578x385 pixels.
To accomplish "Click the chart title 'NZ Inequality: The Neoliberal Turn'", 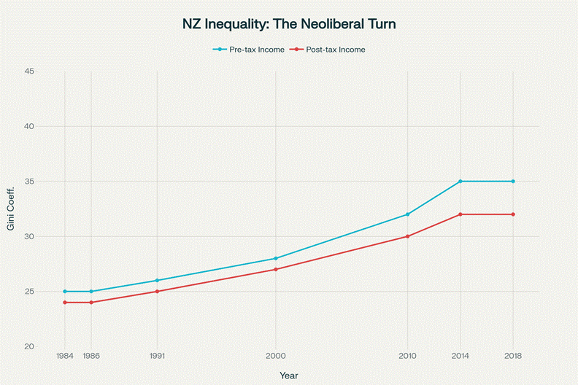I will coord(289,24).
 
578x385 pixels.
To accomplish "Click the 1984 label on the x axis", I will coord(65,357).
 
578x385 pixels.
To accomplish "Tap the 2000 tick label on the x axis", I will coord(275,357).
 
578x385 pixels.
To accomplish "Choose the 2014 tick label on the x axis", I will coord(461,357).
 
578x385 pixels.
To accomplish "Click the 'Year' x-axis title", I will coord(289,375).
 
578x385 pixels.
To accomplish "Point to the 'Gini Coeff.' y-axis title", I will coord(11,209).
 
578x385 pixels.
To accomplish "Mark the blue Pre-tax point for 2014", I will coord(461,181).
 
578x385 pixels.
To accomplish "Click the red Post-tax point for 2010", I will coord(407,236).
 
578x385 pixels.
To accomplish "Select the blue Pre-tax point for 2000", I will coord(275,258).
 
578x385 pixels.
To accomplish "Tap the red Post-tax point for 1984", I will coord(65,302).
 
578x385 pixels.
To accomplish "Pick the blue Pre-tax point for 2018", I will coord(513,181).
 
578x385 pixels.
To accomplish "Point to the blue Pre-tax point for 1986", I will coord(91,291).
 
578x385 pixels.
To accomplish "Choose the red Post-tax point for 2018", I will coord(513,214).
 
